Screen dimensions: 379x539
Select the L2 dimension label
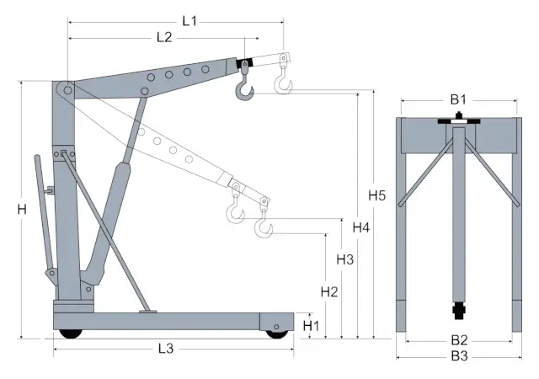[x=163, y=37]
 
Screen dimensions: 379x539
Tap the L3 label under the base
[x=165, y=348]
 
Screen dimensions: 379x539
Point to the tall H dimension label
[x=22, y=210]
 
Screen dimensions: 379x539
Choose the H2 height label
[x=329, y=292]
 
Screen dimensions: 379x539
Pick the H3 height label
[x=344, y=259]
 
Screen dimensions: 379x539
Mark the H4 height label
[x=361, y=227]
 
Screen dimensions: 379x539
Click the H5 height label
[x=377, y=196]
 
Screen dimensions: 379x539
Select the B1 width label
[x=457, y=99]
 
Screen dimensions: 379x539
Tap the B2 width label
[x=458, y=340]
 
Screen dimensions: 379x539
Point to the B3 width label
[x=458, y=357]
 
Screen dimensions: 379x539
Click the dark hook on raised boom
[x=245, y=85]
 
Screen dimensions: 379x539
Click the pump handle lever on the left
[x=41, y=211]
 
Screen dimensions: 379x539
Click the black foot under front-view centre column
[x=459, y=313]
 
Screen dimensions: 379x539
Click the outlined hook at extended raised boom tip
[x=284, y=81]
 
